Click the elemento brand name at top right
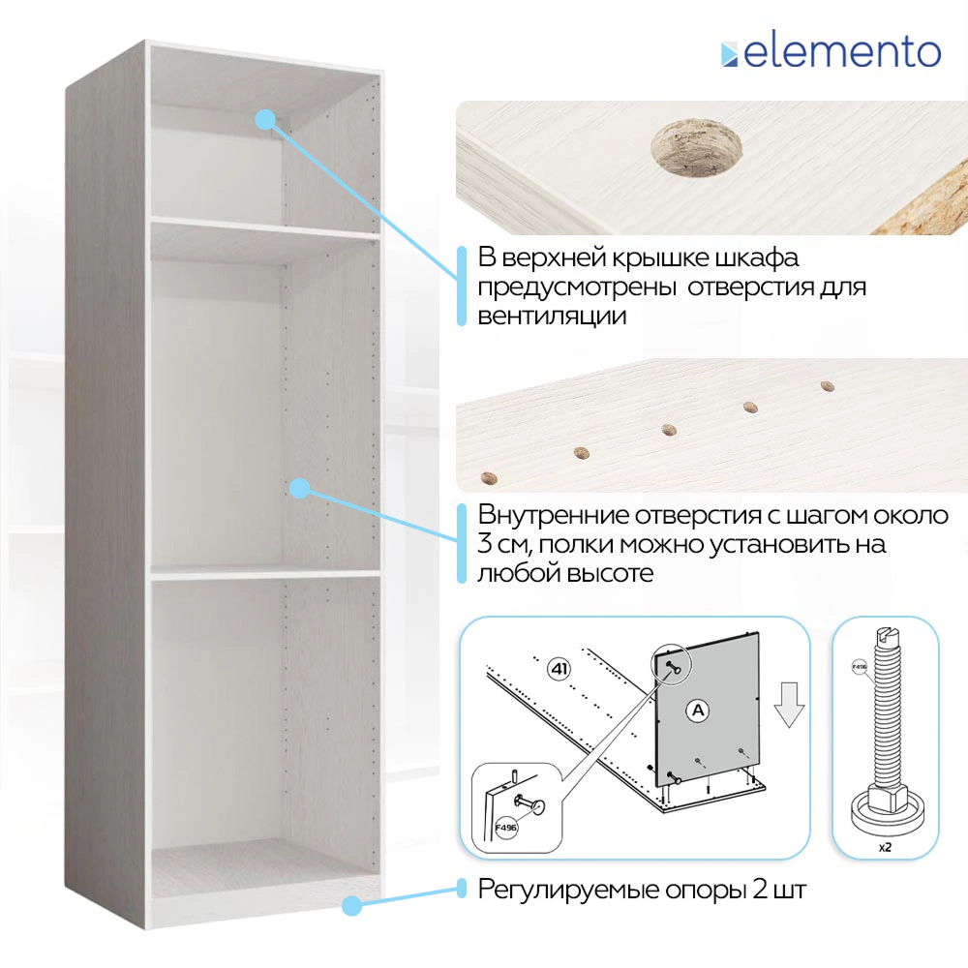(842, 51)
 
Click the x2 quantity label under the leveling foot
(885, 845)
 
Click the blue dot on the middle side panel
(300, 488)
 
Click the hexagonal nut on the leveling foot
(885, 799)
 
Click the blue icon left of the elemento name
(729, 53)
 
